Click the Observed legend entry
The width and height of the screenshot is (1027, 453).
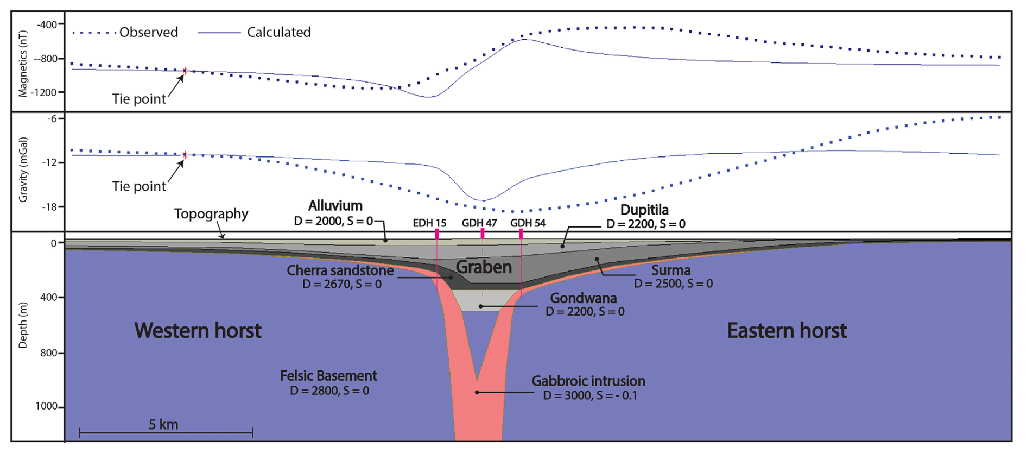pyautogui.click(x=148, y=33)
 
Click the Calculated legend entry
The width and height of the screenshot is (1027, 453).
pyautogui.click(x=278, y=33)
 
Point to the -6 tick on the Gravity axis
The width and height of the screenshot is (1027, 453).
pyautogui.click(x=53, y=119)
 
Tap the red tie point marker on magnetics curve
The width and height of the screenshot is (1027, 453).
pyautogui.click(x=185, y=71)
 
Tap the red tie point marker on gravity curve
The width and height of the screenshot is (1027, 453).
pyautogui.click(x=185, y=155)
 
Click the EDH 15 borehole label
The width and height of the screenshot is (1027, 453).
pyautogui.click(x=429, y=223)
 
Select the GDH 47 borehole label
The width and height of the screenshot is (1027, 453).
pyautogui.click(x=479, y=223)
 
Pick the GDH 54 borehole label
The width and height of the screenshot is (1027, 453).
pyautogui.click(x=528, y=223)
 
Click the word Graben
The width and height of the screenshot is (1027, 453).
pyautogui.click(x=484, y=267)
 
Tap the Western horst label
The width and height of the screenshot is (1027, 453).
pyautogui.click(x=198, y=331)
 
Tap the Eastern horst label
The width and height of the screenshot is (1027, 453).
pyautogui.click(x=787, y=331)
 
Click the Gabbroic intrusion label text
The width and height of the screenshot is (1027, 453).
pyautogui.click(x=588, y=381)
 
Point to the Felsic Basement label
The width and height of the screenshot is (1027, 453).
pyautogui.click(x=328, y=376)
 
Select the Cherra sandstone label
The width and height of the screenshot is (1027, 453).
pyautogui.click(x=340, y=270)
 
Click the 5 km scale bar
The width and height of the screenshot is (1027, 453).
pyautogui.click(x=166, y=433)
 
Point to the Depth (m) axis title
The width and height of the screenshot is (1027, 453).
pyautogui.click(x=23, y=325)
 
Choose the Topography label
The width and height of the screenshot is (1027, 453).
pyautogui.click(x=211, y=214)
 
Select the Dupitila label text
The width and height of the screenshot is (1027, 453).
pyautogui.click(x=644, y=210)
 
